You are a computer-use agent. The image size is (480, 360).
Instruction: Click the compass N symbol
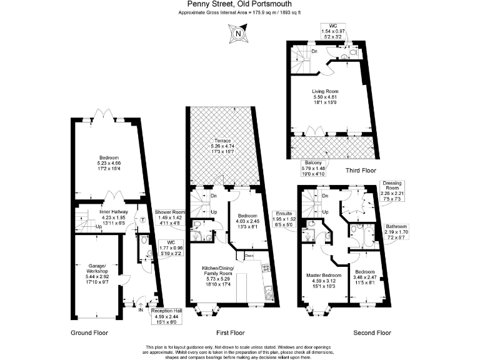[238, 33]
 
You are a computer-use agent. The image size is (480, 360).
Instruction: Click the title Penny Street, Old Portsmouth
[239, 4]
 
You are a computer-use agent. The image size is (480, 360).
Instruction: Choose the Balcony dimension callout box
[313, 168]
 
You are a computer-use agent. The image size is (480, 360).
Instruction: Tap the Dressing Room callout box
[392, 191]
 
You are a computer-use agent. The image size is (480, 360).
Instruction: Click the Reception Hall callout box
[166, 316]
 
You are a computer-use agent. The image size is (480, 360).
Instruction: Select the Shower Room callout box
[170, 217]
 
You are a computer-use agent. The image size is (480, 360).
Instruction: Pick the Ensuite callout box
[284, 219]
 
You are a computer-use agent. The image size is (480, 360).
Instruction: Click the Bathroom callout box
[396, 232]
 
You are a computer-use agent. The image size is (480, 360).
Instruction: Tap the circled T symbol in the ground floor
[142, 220]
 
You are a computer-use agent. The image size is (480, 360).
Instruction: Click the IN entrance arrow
[141, 306]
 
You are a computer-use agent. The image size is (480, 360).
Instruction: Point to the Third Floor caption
[361, 170]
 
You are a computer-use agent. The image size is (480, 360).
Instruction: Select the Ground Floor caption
[89, 332]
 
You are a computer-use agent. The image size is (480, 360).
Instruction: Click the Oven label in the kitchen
[249, 255]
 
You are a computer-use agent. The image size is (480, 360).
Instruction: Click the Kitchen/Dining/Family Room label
[217, 276]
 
